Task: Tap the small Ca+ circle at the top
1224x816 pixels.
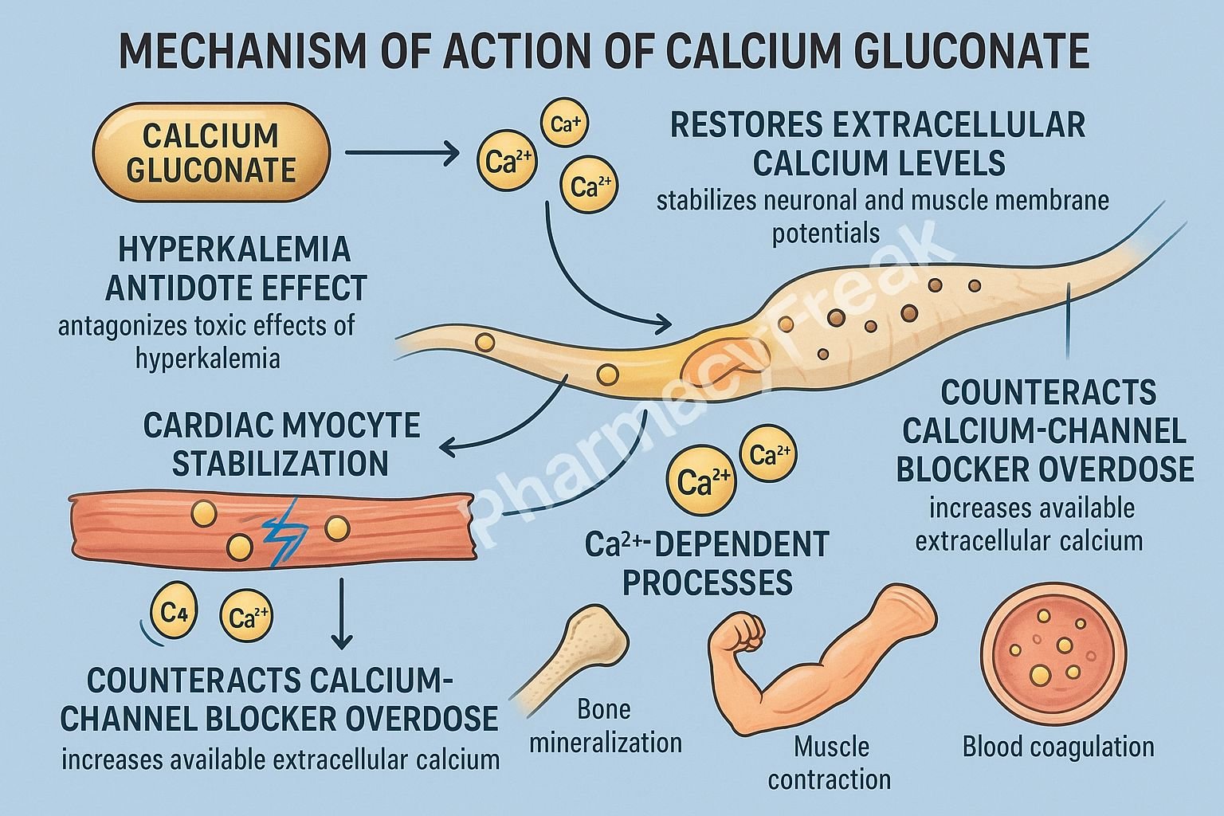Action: coord(564,124)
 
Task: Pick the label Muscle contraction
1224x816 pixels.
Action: coord(830,763)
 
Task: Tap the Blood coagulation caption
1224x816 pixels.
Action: coord(1057,747)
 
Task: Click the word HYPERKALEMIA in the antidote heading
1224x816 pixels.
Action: coord(233,249)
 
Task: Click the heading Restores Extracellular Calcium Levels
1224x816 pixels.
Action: coord(877,144)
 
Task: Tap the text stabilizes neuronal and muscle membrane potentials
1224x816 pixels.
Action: coord(881,216)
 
